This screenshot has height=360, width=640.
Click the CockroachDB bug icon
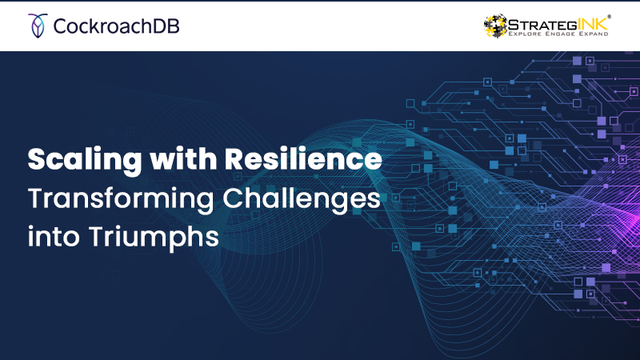tap(38, 26)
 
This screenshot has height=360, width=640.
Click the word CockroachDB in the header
tap(116, 26)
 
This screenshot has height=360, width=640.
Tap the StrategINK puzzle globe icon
tap(495, 26)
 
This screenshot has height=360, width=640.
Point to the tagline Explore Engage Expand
tap(558, 34)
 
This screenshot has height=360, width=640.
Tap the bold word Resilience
tap(303, 158)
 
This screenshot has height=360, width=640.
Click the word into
tap(54, 236)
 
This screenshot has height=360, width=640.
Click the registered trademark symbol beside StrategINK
tap(609, 17)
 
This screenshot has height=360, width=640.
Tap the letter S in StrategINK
tap(514, 25)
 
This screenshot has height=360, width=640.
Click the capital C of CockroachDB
tap(61, 26)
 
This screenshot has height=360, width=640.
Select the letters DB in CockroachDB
tap(166, 26)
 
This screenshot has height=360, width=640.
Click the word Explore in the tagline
tap(525, 34)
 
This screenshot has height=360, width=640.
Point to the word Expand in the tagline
tap(594, 34)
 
